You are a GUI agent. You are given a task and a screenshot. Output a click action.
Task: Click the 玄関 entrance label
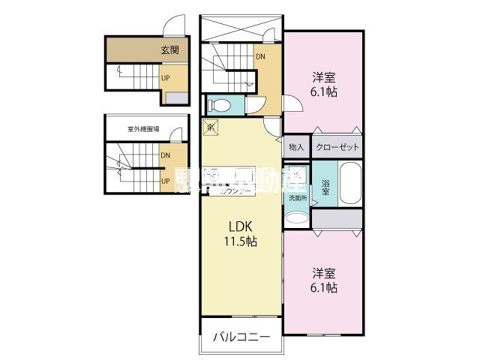169,50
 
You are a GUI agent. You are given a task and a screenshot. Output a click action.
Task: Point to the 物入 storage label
296,147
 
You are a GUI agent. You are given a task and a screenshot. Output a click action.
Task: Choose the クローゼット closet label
336,147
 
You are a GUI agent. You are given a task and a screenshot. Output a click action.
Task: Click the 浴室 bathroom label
325,187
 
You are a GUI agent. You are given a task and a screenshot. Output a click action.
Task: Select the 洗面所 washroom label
297,198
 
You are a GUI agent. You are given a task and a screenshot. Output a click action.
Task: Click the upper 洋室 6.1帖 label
324,84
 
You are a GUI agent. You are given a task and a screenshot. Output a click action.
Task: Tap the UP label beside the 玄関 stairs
166,76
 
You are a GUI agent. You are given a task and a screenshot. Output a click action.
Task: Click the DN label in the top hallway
260,55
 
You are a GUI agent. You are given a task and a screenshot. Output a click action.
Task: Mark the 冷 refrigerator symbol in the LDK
211,127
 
